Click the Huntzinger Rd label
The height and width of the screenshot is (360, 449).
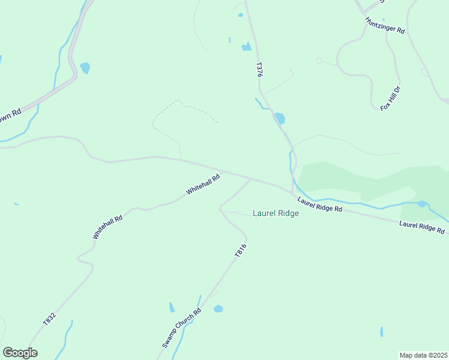click(x=385, y=25)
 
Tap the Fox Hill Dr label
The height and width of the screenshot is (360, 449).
click(x=390, y=98)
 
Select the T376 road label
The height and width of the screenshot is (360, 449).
click(x=259, y=69)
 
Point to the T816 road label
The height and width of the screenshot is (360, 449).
click(x=240, y=251)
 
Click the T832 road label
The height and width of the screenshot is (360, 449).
click(x=49, y=319)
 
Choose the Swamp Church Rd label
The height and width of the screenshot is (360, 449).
click(x=181, y=329)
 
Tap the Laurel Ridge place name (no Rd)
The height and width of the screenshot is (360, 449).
click(x=276, y=213)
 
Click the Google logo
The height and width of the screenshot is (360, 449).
click(x=20, y=353)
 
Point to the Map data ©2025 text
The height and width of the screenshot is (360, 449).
click(x=423, y=355)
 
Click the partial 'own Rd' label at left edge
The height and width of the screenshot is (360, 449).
click(x=10, y=115)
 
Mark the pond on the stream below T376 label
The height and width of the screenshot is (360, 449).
click(x=279, y=118)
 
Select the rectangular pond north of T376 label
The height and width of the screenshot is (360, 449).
click(x=246, y=47)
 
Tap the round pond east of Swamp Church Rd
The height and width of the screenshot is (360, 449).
click(x=218, y=309)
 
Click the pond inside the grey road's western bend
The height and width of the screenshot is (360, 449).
click(x=85, y=68)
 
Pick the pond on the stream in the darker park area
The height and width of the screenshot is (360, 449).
click(x=422, y=204)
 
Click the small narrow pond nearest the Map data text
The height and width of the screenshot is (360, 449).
click(x=382, y=332)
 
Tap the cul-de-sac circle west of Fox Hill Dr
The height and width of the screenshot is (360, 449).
click(x=319, y=60)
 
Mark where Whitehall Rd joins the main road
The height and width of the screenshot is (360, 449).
click(x=222, y=172)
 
